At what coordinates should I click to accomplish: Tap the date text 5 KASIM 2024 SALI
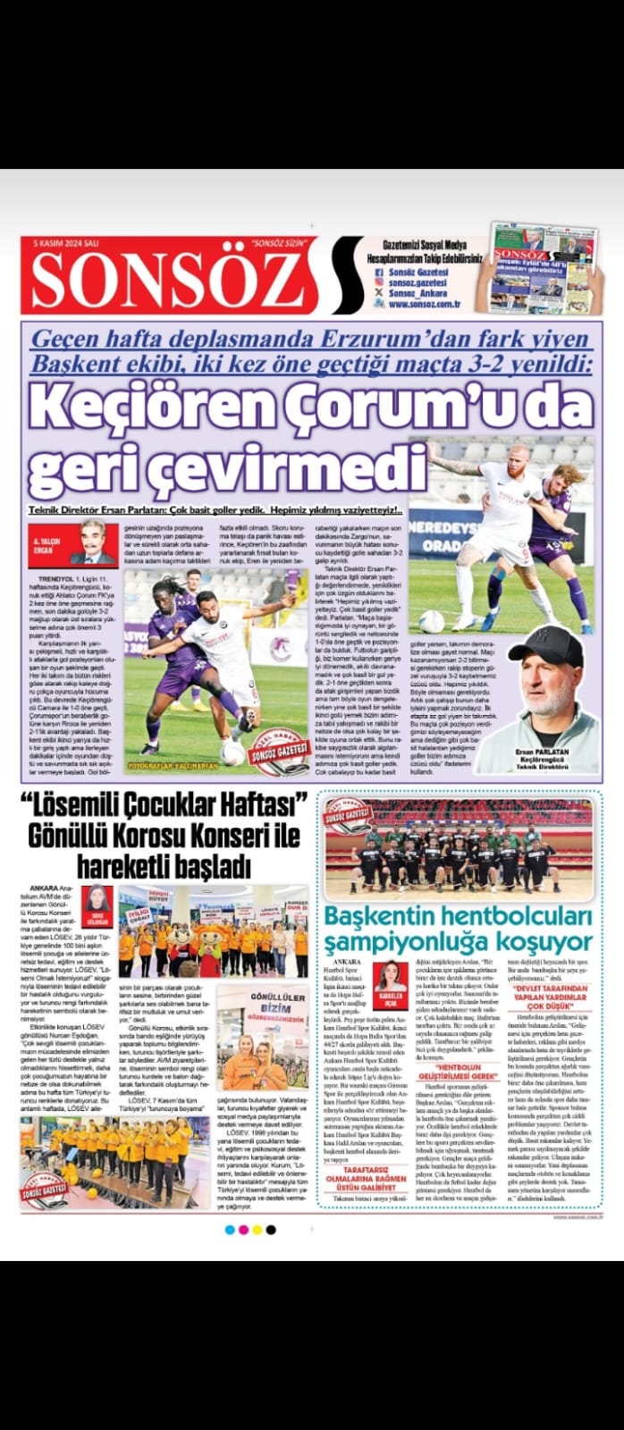click(x=67, y=242)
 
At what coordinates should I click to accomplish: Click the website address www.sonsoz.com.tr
click(x=423, y=304)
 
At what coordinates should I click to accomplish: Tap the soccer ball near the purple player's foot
click(x=233, y=753)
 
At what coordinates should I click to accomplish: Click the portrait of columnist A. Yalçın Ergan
click(x=92, y=542)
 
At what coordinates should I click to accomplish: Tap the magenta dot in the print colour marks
click(x=243, y=1230)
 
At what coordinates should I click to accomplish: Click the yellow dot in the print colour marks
click(x=257, y=1230)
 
